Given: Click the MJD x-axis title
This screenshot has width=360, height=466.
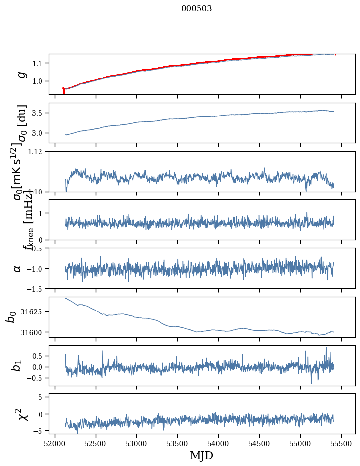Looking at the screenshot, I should click(x=201, y=455).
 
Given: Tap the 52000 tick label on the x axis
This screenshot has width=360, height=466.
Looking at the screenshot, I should click(x=55, y=444).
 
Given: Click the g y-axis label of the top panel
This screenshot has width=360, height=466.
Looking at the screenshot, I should click(x=20, y=74).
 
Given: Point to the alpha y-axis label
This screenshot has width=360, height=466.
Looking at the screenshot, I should click(x=18, y=268).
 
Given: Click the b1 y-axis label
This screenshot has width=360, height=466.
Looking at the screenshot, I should click(x=17, y=365).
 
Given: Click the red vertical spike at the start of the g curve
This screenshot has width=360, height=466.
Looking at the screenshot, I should click(x=64, y=91).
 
